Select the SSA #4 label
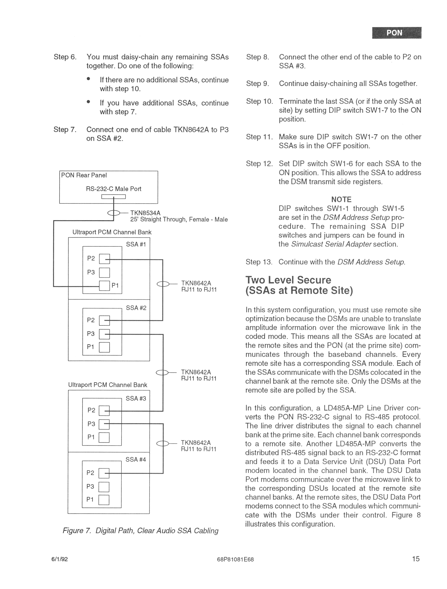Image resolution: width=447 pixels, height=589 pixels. coord(136,459)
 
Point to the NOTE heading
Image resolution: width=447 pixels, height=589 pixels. coord(341,199)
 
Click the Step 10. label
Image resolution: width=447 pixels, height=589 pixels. coord(259,101)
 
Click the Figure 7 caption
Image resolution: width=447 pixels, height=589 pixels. coord(140,531)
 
